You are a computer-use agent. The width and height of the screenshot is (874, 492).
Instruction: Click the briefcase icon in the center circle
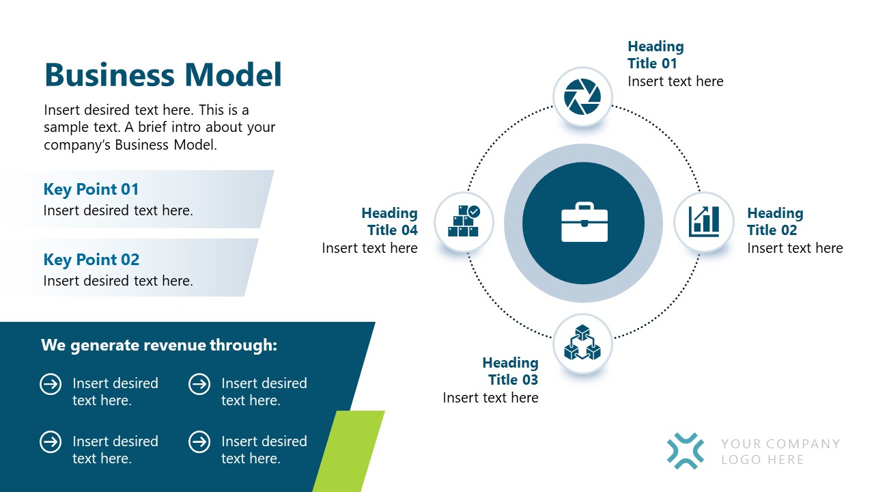point(584,222)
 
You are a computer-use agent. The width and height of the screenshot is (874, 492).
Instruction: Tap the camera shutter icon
point(582,97)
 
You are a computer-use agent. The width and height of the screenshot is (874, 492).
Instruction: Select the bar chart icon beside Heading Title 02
point(704,222)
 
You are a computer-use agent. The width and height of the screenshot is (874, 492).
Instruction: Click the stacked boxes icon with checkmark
point(464,221)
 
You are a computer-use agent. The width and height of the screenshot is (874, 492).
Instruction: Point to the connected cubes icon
point(582,342)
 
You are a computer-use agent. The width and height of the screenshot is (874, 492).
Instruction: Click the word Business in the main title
point(110,74)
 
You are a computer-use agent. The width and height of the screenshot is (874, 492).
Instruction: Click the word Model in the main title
point(233,74)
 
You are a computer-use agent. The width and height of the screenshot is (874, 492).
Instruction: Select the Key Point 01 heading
point(91,189)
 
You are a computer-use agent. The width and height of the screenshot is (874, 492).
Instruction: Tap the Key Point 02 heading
point(91,260)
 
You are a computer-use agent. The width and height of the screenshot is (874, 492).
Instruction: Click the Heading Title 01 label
point(655,55)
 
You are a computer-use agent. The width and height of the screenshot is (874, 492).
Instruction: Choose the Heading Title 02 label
point(775,222)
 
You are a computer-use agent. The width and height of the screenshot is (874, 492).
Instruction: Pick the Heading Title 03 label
point(510,371)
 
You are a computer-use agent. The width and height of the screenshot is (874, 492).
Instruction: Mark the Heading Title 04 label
point(389,222)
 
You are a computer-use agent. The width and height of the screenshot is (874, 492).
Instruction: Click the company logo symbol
point(686,451)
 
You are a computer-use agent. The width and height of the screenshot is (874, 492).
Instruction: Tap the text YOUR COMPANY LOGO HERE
point(780,452)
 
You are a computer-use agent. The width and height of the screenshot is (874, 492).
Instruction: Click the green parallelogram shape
point(348,452)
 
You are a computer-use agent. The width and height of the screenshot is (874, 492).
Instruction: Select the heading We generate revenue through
point(159,345)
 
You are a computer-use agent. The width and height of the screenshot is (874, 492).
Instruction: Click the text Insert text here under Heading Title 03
point(490,398)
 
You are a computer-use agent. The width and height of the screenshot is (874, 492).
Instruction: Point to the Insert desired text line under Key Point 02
point(118,281)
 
